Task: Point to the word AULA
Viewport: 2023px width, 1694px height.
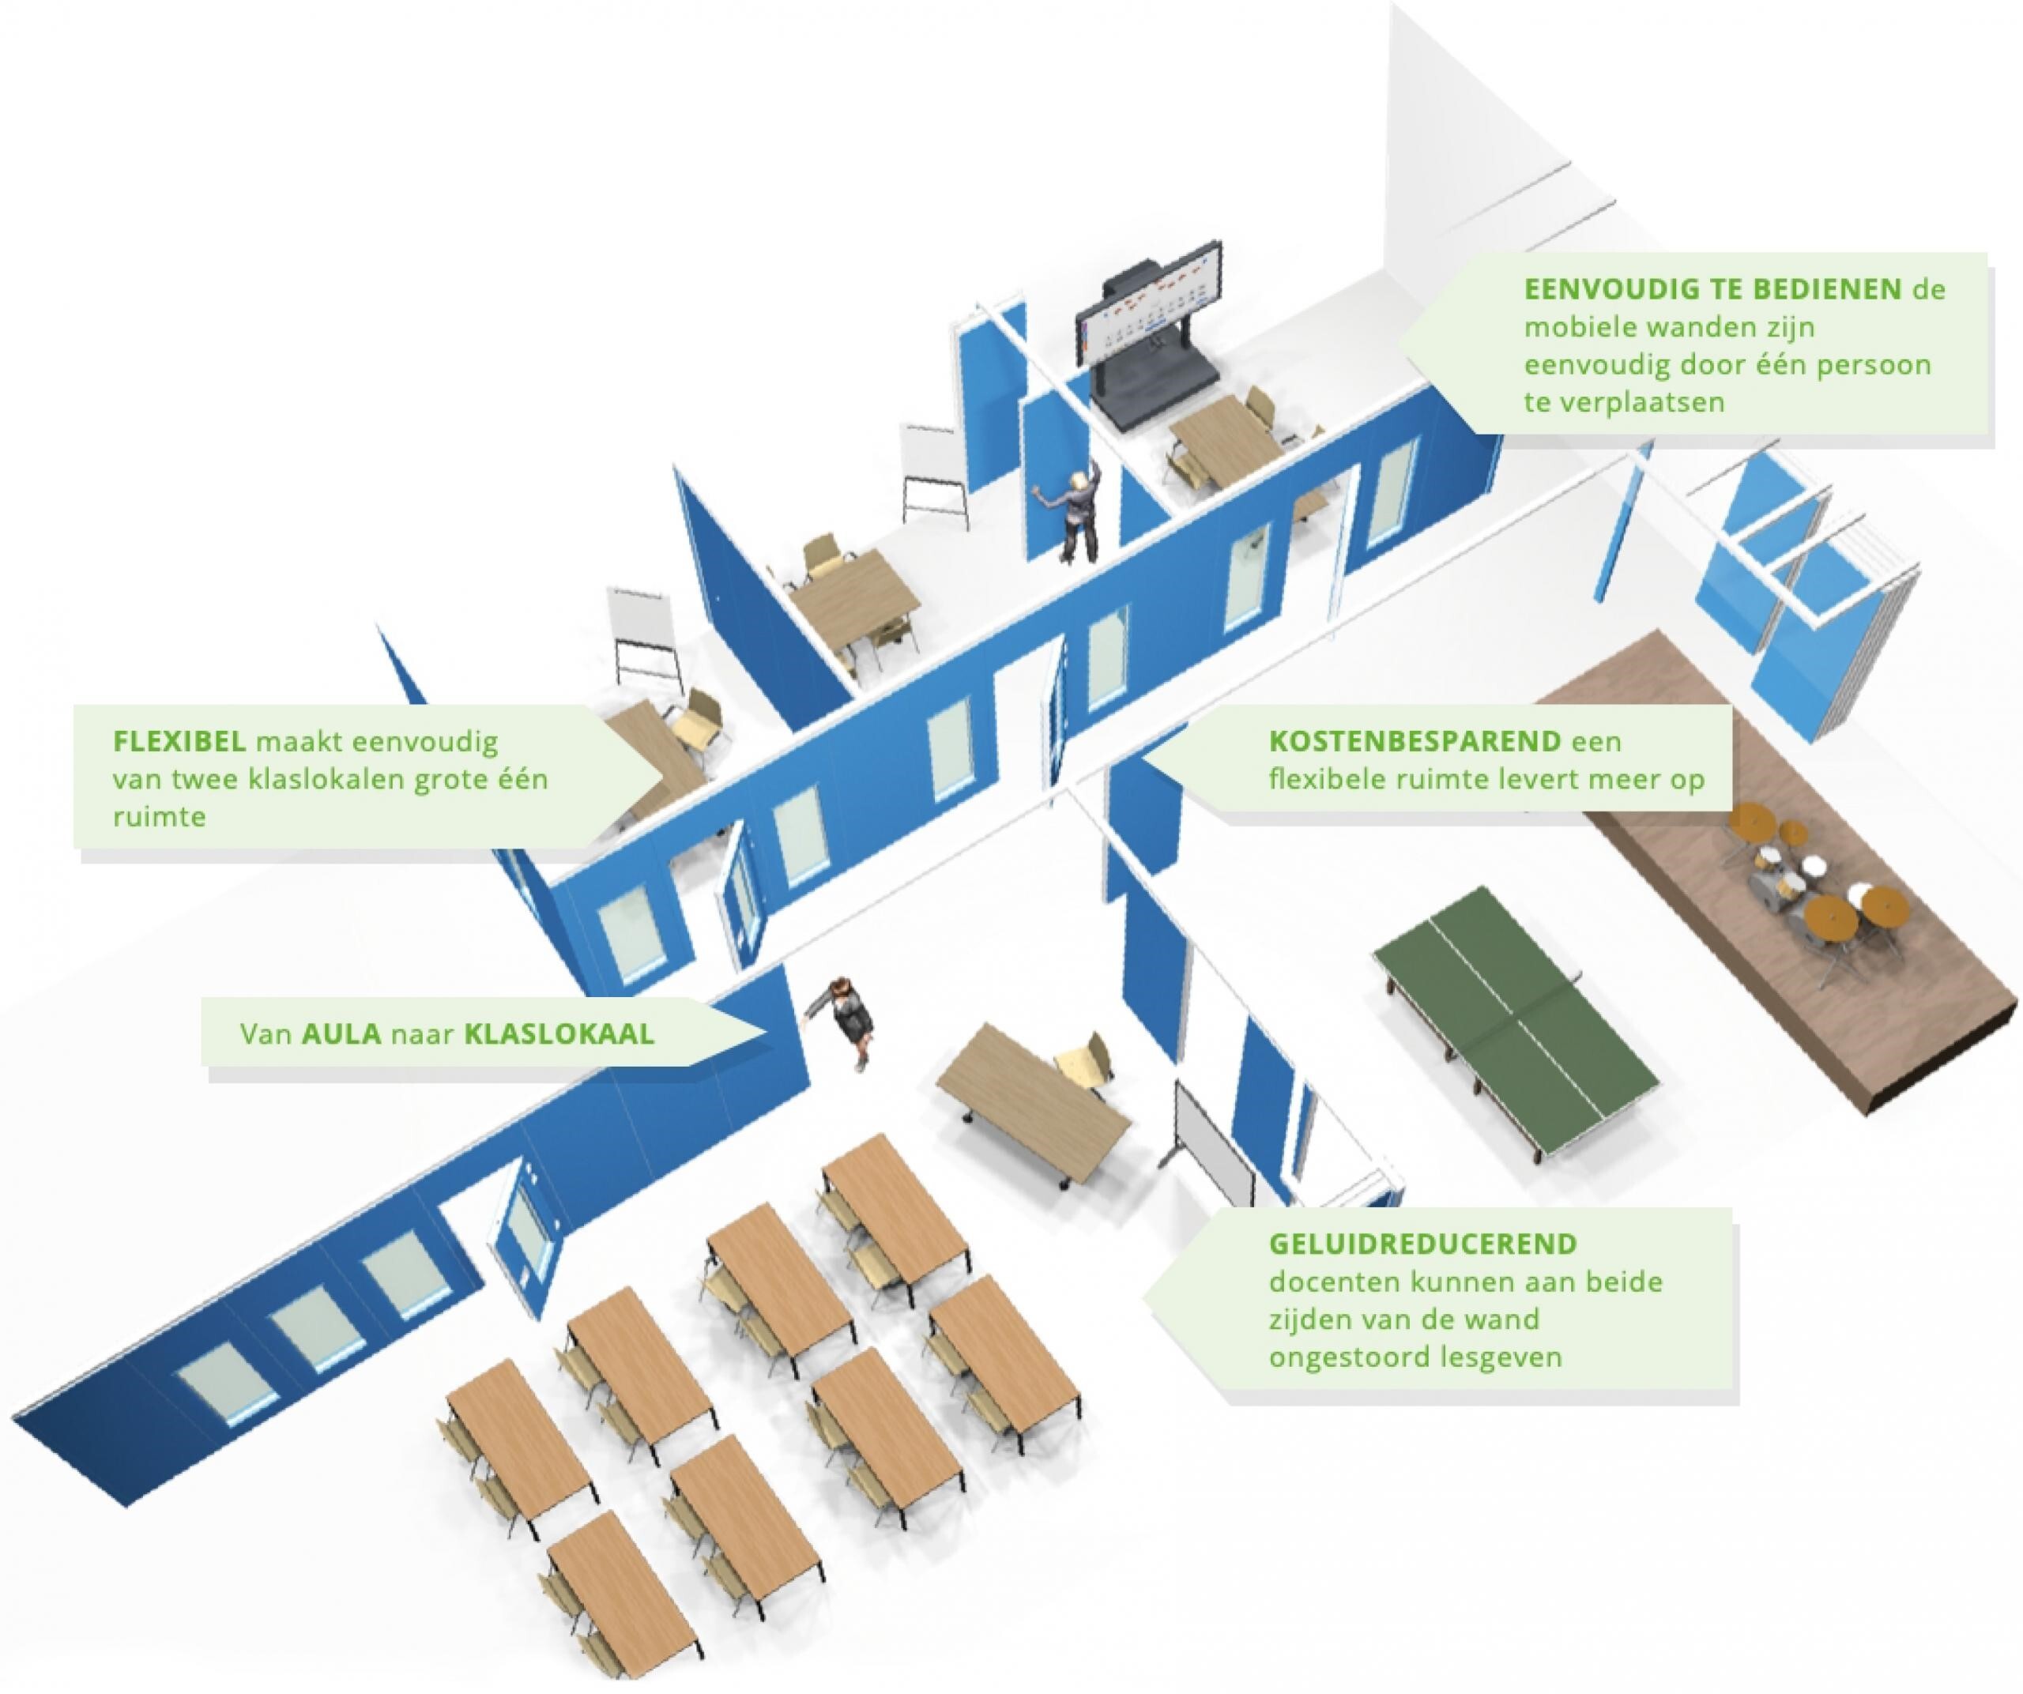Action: coord(341,1034)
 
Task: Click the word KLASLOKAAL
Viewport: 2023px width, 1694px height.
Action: coord(559,1034)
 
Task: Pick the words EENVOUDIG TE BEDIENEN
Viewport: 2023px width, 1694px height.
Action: coord(1712,289)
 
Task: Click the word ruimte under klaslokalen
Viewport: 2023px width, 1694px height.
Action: coord(159,817)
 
